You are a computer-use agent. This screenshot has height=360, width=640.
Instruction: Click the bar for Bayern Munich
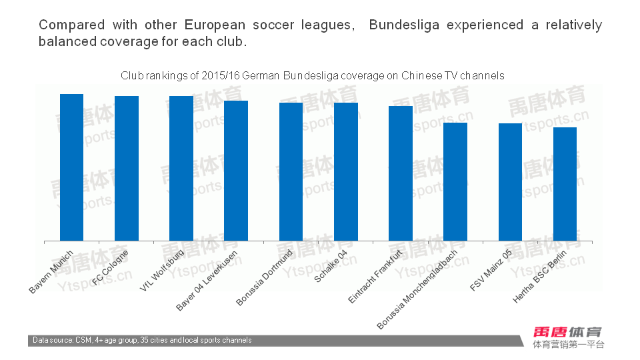72,167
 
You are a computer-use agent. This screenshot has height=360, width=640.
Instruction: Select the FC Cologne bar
127,169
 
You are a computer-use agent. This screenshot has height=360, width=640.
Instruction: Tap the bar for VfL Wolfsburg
181,169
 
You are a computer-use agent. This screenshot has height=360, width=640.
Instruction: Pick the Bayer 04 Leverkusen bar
236,171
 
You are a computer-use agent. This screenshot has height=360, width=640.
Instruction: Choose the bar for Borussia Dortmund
291,172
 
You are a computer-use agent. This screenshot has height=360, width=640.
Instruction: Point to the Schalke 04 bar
346,172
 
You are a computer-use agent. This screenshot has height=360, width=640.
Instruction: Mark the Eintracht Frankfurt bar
401,173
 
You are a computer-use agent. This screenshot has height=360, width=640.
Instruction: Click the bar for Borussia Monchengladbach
455,182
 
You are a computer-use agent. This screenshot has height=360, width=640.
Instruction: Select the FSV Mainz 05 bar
510,182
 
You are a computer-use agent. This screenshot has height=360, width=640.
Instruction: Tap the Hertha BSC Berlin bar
565,184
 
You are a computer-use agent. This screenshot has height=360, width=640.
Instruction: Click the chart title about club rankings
312,76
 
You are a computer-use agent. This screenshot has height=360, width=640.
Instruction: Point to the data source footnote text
143,341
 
